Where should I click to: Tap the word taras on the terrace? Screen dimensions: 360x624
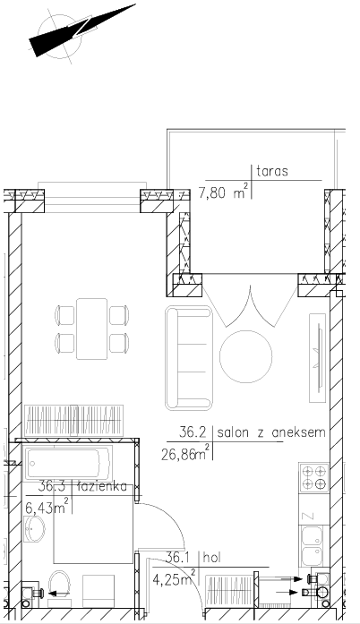click(272, 172)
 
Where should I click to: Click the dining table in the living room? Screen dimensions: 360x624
click(92, 329)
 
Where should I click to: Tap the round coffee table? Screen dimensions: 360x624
click(246, 356)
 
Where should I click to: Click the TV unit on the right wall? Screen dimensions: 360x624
click(318, 358)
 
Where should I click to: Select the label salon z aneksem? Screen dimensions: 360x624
click(271, 432)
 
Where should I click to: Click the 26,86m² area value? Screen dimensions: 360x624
click(185, 452)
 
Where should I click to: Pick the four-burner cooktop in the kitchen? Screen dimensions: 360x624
click(314, 477)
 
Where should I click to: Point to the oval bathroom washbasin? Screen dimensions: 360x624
click(34, 529)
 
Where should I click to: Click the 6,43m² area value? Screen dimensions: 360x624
click(47, 508)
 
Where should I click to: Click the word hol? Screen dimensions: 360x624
click(211, 558)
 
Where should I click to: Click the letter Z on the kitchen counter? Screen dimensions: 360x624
click(309, 517)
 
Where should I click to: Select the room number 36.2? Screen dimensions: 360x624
click(192, 432)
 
